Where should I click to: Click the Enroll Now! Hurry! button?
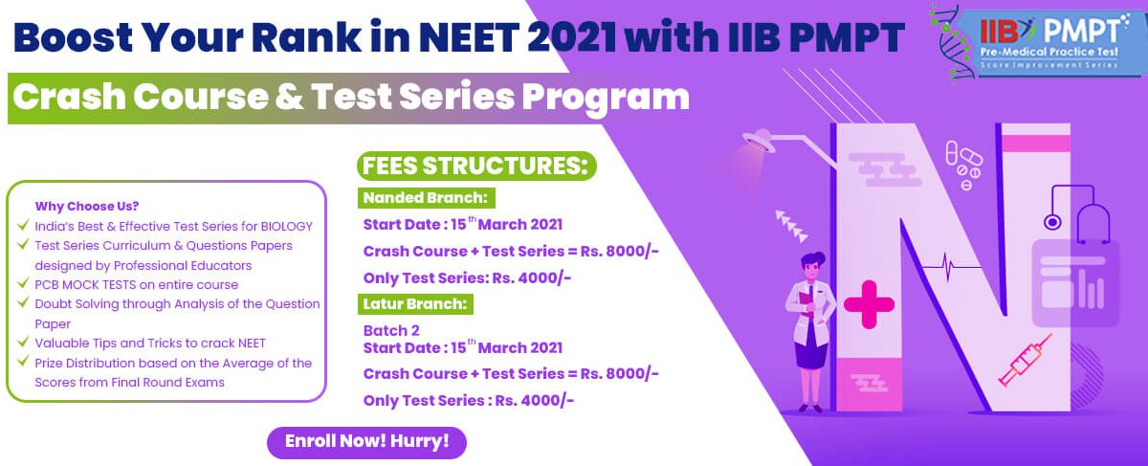pos(366,442)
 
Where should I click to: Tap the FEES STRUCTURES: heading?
pos(476,166)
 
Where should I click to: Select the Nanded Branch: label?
pos(426,198)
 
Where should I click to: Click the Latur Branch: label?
pos(415,304)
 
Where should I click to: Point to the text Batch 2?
pos(391,331)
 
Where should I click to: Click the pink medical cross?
pos(869,304)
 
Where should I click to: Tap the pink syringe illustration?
pos(1025,360)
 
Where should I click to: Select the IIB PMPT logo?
pos(1035,44)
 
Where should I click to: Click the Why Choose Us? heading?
pos(87,206)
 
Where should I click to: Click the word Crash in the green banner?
pos(68,97)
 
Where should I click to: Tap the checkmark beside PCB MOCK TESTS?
pos(23,282)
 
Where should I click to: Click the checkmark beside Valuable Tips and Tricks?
pos(23,341)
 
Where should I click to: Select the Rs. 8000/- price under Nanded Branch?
pos(619,252)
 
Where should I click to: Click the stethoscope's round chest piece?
pos(1052,223)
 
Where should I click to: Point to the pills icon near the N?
pos(963,164)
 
